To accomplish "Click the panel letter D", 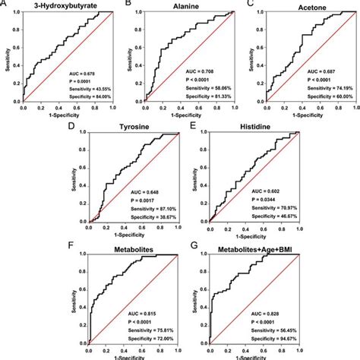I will point(71,126).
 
